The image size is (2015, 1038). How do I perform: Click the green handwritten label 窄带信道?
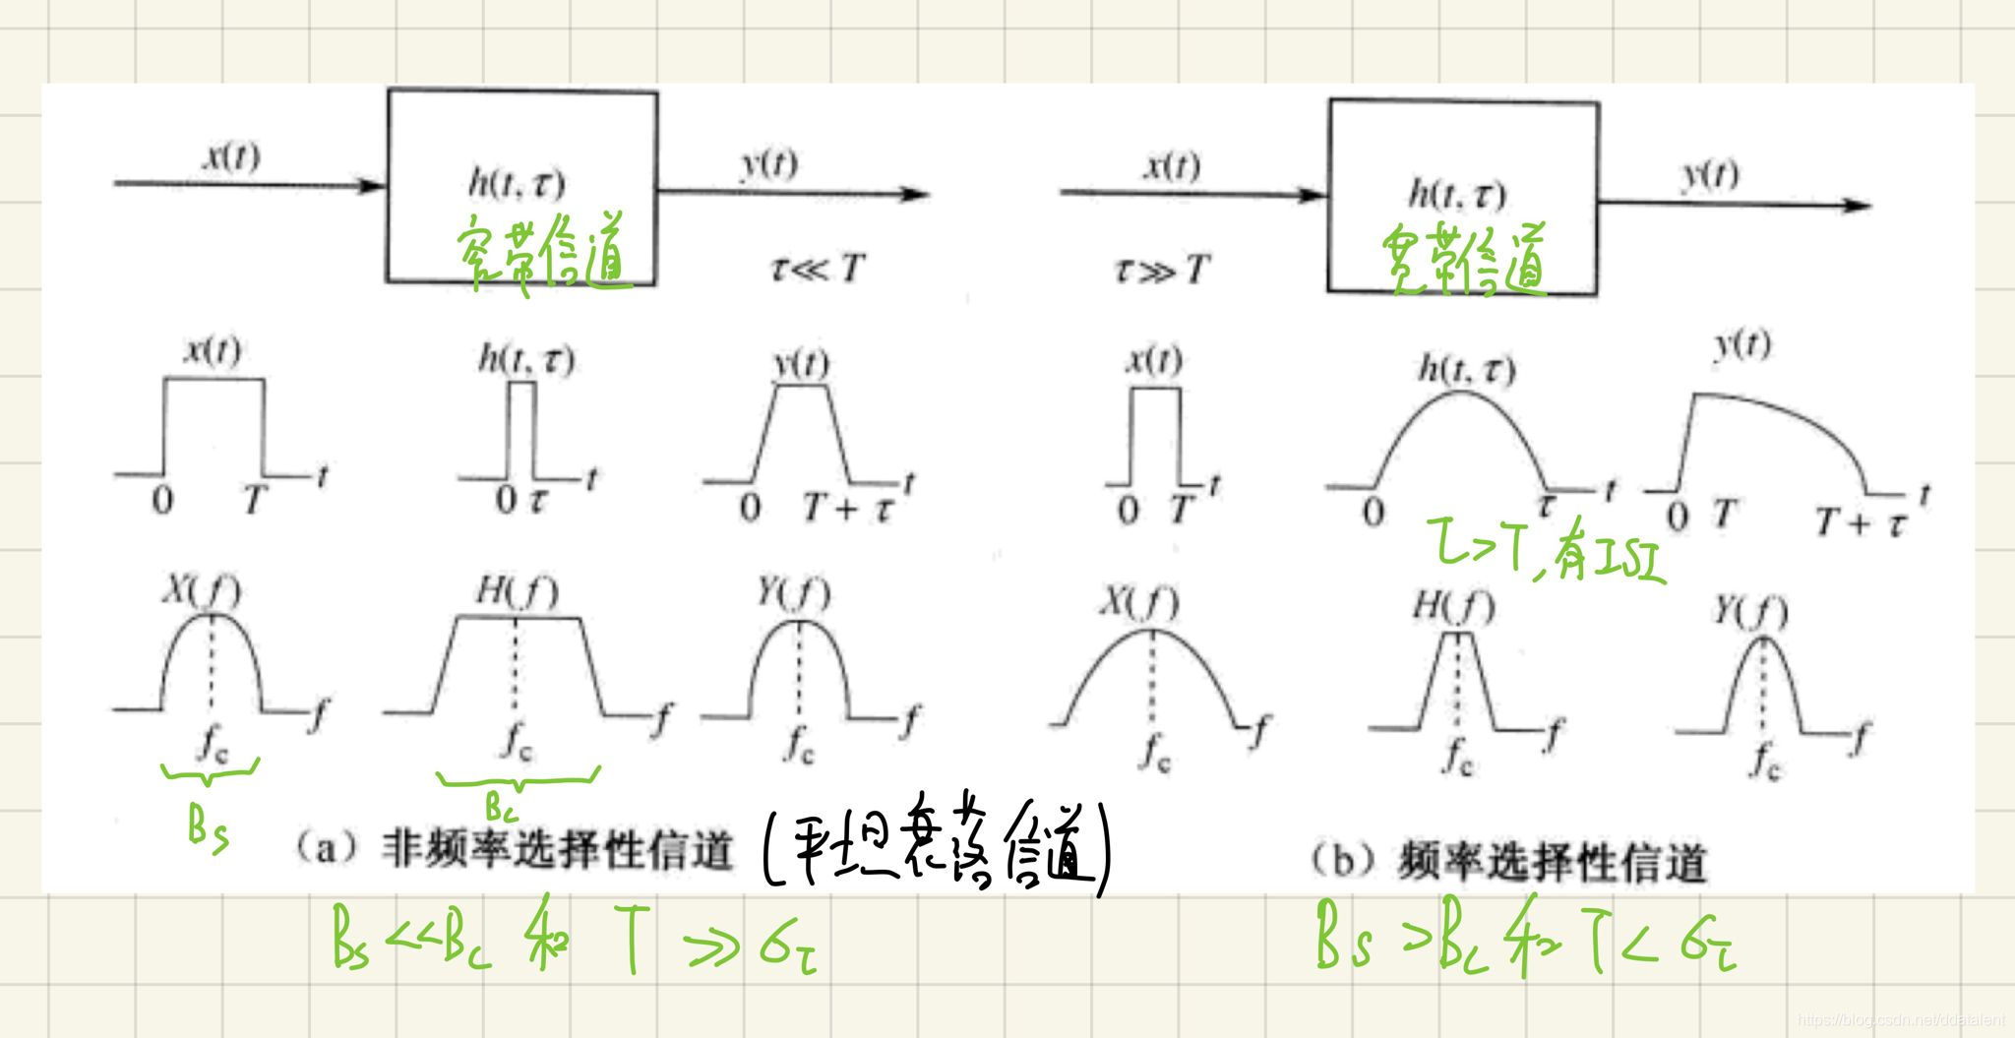point(543,254)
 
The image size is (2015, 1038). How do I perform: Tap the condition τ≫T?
point(1160,269)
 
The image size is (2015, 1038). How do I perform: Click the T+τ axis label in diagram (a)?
point(846,508)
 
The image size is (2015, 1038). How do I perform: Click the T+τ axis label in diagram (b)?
point(1859,521)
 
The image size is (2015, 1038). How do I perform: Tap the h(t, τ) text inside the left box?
point(516,183)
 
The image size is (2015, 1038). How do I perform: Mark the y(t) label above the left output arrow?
point(766,162)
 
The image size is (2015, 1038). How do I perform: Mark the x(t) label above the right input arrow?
point(1170,165)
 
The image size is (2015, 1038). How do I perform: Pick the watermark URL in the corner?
point(1898,1020)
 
